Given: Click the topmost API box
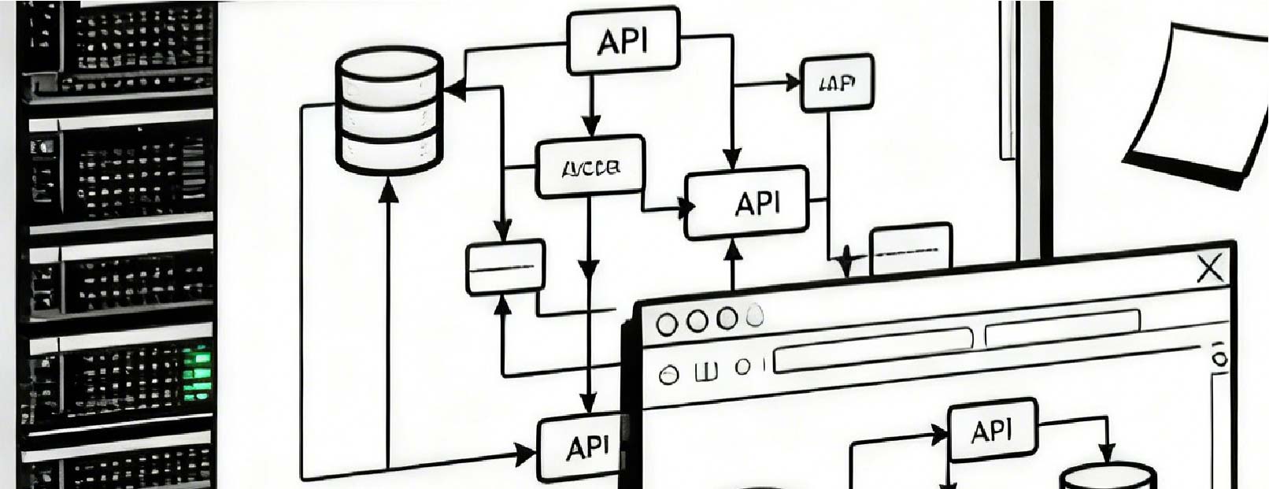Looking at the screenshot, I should tap(623, 41).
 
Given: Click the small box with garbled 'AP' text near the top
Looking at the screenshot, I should tap(837, 83).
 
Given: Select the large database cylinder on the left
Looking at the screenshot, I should tap(389, 110).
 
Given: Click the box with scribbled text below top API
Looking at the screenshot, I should tap(590, 167).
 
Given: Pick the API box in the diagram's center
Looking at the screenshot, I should tap(746, 202).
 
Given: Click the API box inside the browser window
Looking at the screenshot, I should tap(992, 431).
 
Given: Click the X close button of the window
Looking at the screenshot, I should tap(1209, 269).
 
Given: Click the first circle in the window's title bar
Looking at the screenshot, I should tap(668, 323).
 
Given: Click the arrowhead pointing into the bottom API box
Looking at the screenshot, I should tap(524, 454).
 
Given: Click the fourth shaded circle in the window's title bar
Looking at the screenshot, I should tap(754, 317).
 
